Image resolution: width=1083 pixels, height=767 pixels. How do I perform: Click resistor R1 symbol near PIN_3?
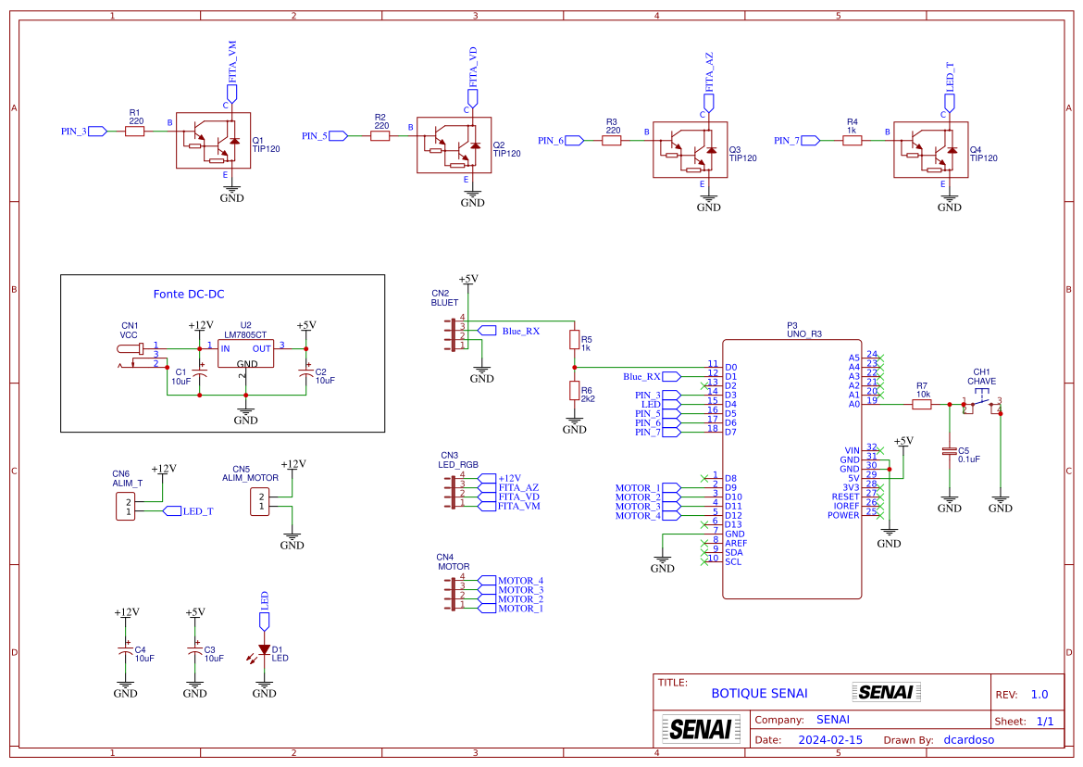pyautogui.click(x=135, y=132)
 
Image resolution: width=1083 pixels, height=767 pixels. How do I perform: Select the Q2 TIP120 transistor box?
pyautogui.click(x=454, y=145)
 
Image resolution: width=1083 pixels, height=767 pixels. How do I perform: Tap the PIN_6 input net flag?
pyautogui.click(x=573, y=141)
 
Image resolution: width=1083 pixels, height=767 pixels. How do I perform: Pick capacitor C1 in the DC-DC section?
pyautogui.click(x=199, y=375)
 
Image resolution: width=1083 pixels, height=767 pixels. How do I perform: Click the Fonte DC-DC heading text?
pyautogui.click(x=189, y=295)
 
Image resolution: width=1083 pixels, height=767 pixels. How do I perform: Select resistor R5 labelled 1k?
pyautogui.click(x=574, y=340)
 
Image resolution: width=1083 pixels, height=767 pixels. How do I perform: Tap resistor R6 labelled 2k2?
pyautogui.click(x=574, y=391)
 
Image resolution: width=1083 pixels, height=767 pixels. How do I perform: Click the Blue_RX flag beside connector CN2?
pyautogui.click(x=487, y=331)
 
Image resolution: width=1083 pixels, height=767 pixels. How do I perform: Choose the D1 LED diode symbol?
pyautogui.click(x=264, y=650)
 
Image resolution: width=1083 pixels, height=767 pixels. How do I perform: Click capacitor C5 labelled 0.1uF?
pyautogui.click(x=949, y=452)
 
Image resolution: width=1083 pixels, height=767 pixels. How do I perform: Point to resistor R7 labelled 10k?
pyautogui.click(x=922, y=404)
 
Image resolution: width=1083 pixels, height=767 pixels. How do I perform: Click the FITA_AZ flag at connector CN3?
pyautogui.click(x=486, y=487)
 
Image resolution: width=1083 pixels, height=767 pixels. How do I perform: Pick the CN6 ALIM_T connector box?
pyautogui.click(x=126, y=507)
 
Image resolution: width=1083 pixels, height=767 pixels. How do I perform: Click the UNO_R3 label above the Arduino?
pyautogui.click(x=803, y=333)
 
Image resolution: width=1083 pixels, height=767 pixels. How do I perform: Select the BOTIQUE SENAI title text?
pyautogui.click(x=759, y=693)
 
